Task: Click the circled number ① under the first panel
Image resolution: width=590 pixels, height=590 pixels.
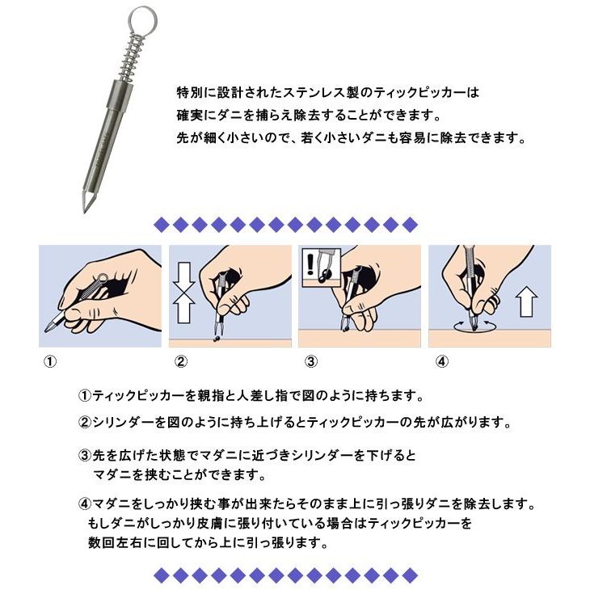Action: (50, 362)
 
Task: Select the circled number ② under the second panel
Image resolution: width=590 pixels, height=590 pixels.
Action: (181, 362)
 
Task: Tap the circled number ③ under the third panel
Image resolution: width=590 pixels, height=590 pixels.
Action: (310, 362)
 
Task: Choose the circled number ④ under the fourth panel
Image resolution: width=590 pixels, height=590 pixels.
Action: (440, 362)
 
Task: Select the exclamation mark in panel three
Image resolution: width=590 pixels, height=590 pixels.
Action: (311, 263)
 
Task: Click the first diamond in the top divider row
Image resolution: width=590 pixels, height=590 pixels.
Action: (162, 224)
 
